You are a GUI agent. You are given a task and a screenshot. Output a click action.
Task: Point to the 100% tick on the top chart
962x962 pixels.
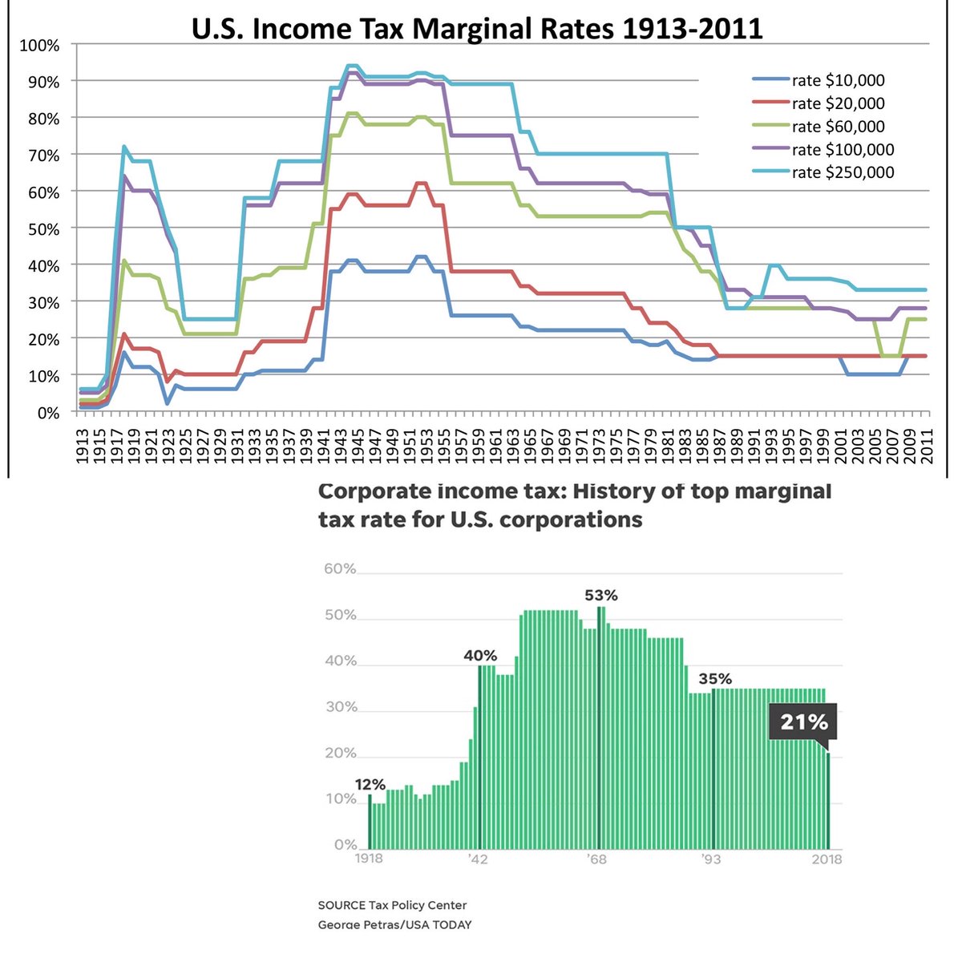(x=39, y=46)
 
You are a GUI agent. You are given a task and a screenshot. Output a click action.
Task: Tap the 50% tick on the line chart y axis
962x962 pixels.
(x=42, y=229)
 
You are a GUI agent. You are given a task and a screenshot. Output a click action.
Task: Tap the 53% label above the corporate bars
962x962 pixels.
(x=601, y=596)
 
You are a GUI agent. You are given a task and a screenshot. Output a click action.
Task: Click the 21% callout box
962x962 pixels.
(x=803, y=722)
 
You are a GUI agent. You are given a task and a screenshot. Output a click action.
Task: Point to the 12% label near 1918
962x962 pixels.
(x=370, y=784)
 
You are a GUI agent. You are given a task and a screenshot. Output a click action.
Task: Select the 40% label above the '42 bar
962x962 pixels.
(x=480, y=655)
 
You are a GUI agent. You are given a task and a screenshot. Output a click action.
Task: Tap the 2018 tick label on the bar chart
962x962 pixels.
(x=827, y=859)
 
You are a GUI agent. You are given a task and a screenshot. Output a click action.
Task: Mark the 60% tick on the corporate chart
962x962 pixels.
(x=339, y=569)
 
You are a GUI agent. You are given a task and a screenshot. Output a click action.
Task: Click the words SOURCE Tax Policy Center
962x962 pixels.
(x=392, y=905)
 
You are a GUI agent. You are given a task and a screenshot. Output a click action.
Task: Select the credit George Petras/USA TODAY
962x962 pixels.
(x=394, y=924)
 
